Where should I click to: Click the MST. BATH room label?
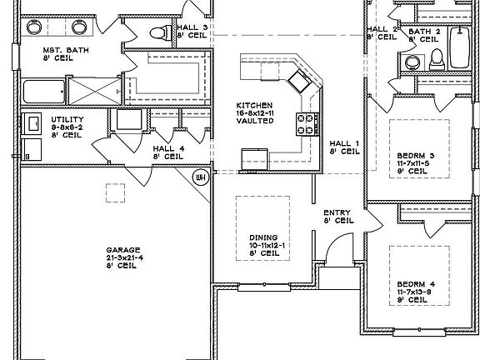pos(59,55)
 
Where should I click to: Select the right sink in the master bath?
pos(80,27)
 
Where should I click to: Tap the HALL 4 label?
pos(167,152)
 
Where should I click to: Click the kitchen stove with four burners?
pos(306,125)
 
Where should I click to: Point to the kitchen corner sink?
pos(298,80)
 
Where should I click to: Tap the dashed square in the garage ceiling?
pos(115,191)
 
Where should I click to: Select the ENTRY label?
pos(337,217)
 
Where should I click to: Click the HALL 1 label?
pos(344,147)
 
